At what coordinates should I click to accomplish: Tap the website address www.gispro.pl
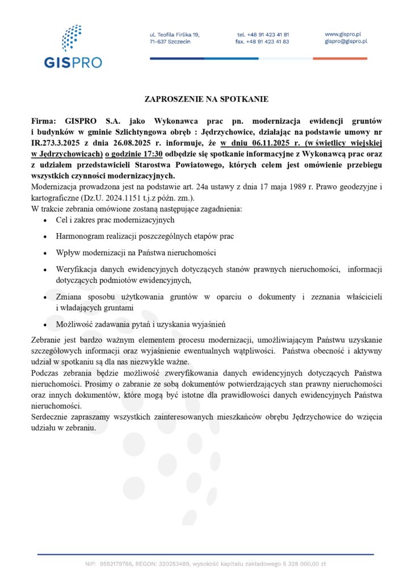pyautogui.click(x=344, y=34)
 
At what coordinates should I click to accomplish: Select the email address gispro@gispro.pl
pyautogui.click(x=346, y=41)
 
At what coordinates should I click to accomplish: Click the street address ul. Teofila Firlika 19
pyautogui.click(x=174, y=35)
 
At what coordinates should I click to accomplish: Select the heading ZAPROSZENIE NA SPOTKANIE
pyautogui.click(x=206, y=99)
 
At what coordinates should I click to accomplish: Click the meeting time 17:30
pyautogui.click(x=150, y=153)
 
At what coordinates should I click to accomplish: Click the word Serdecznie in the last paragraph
pyautogui.click(x=50, y=417)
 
